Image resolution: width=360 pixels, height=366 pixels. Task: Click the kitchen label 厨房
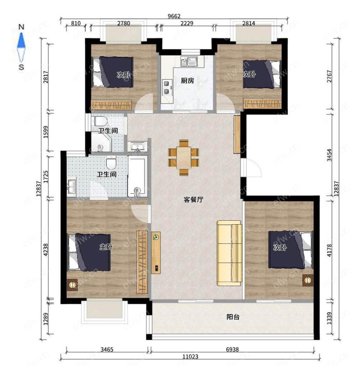coord(188,81)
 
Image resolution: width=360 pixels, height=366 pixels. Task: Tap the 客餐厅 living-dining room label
coord(194,200)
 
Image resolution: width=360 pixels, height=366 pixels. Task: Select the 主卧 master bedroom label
coord(106,247)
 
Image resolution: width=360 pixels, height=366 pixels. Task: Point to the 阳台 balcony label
coord(233,317)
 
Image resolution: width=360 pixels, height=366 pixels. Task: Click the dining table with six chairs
coord(184,158)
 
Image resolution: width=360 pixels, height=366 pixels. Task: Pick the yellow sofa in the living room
coord(229,253)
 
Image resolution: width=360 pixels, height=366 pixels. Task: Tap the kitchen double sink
coord(189,62)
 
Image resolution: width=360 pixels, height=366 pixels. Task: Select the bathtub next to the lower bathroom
coord(138,176)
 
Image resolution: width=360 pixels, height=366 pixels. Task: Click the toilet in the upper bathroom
coord(101,121)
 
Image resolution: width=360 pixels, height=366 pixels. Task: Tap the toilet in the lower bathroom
coord(111,163)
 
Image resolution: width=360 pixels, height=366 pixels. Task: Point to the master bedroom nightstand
coord(72,285)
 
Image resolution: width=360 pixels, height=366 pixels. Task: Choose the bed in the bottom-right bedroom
coord(290,250)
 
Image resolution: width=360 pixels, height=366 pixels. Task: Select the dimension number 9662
coord(174,16)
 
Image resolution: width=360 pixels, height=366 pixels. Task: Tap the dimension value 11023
coord(190,356)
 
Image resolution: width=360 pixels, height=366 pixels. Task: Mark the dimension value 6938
coord(232,349)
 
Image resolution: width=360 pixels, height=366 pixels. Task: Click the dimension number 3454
coord(329,155)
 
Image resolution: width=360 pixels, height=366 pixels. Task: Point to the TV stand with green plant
coord(156,253)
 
